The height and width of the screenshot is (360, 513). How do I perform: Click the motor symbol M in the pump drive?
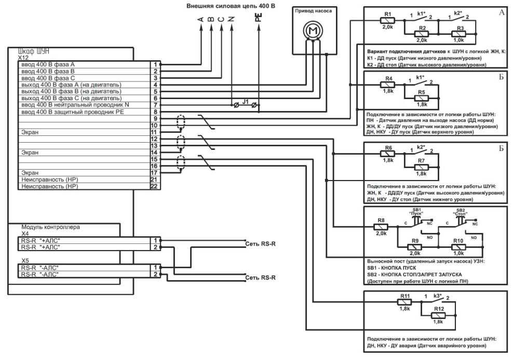coord(313,32)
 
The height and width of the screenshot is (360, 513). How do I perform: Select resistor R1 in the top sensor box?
coord(387,21)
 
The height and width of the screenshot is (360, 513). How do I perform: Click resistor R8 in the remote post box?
coord(382,227)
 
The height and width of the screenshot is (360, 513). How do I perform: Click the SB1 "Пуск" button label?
coord(414,211)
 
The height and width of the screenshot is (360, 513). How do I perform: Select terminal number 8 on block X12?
coord(155,112)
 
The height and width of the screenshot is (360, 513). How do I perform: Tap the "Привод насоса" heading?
coord(313,10)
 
